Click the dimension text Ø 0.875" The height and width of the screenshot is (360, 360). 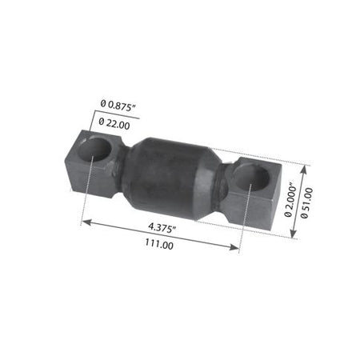pyautogui.click(x=119, y=103)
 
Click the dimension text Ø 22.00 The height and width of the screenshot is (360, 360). pyautogui.click(x=118, y=123)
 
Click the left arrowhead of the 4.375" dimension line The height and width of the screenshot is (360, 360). pyautogui.click(x=85, y=222)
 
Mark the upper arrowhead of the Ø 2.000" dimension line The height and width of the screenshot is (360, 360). pyautogui.click(x=305, y=168)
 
